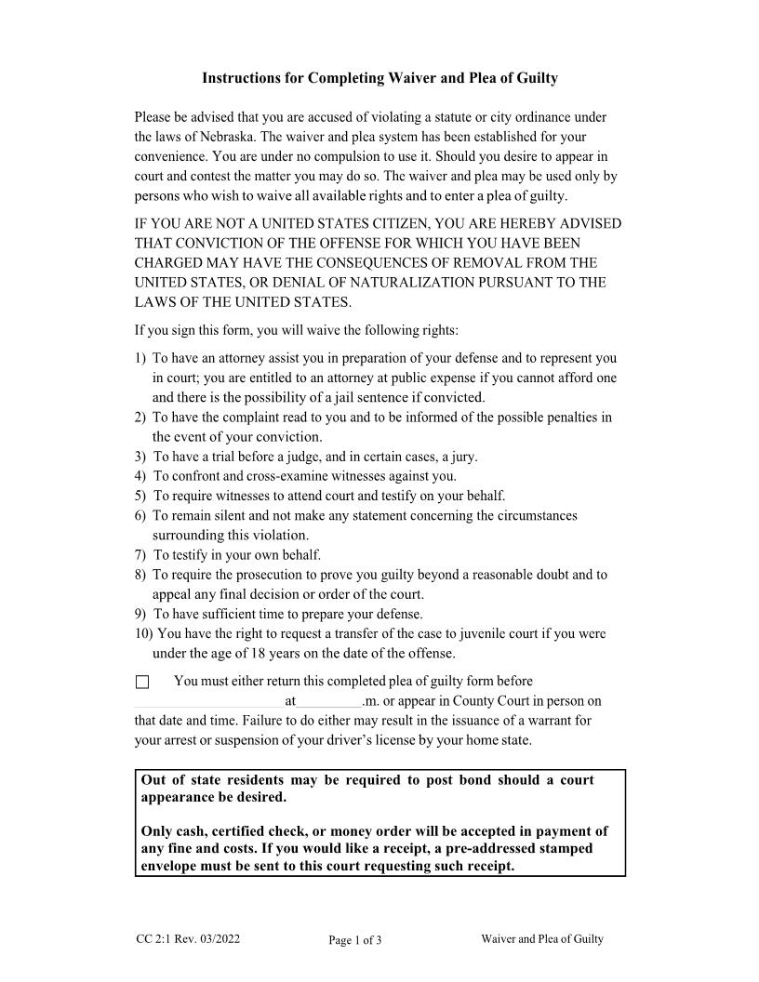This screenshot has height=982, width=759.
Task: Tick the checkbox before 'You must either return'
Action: (x=142, y=682)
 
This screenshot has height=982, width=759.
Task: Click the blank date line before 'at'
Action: (x=209, y=702)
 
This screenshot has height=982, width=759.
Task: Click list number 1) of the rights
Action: (x=140, y=358)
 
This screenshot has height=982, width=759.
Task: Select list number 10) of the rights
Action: (x=143, y=634)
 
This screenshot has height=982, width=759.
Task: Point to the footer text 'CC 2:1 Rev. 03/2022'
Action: (x=187, y=939)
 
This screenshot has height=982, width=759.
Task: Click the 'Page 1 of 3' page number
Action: (x=355, y=940)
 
